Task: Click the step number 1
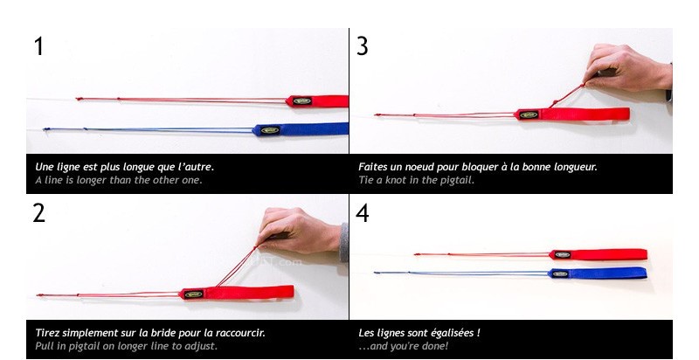point(39,46)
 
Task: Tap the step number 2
point(38,213)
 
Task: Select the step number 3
point(363,46)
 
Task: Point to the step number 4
point(363,213)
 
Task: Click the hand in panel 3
point(627,68)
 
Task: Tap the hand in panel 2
point(298,231)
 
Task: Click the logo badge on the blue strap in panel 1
point(270,130)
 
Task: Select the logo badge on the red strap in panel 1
point(302,101)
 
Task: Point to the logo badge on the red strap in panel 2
point(193,294)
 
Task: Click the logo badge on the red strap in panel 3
point(529,115)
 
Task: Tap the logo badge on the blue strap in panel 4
point(560,274)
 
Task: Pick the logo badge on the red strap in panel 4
point(562,255)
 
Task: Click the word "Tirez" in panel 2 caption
point(47,333)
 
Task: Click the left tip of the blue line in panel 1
point(44,129)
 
